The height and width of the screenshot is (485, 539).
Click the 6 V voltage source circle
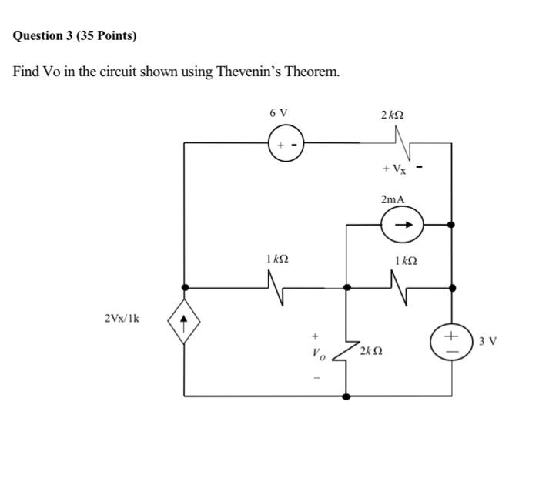point(286,144)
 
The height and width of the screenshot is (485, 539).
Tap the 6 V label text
point(279,112)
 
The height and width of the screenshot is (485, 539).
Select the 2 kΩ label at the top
point(392,114)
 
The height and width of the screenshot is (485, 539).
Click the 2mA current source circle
point(401,225)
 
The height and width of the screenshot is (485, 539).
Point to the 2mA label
point(392,199)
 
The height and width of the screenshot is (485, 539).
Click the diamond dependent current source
point(184,320)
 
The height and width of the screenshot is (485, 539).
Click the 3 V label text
point(487,340)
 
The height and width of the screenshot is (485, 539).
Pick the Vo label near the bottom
point(318,356)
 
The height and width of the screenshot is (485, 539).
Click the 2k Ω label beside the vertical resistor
point(371,351)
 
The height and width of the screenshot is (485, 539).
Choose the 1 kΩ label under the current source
point(405,260)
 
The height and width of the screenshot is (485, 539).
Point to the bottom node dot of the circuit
point(346,396)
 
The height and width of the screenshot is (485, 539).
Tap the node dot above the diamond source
point(184,287)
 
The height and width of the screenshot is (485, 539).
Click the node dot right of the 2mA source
point(451,225)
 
